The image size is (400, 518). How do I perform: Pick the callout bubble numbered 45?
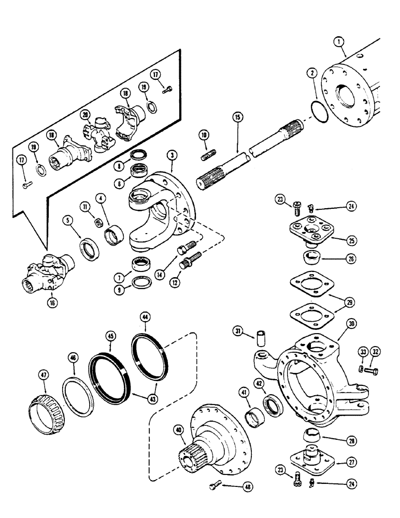111,336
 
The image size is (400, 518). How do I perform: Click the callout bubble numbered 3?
170,154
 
